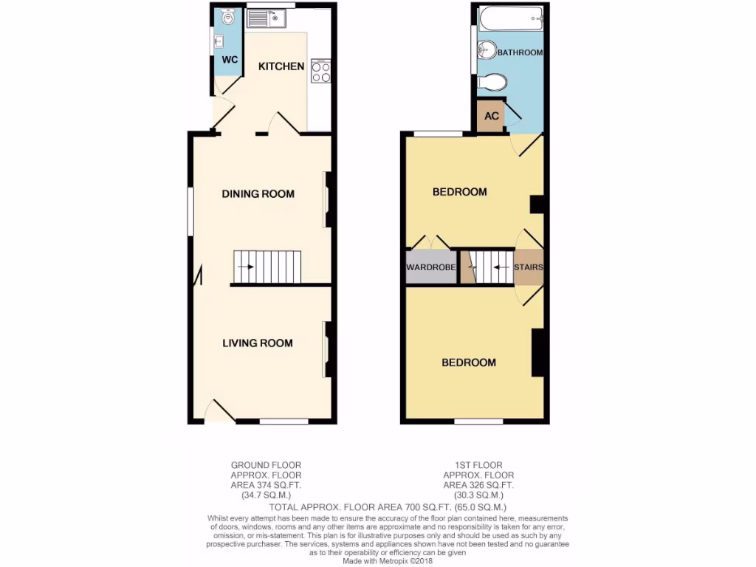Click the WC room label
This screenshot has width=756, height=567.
click(230, 59)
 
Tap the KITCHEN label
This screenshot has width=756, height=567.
click(281, 66)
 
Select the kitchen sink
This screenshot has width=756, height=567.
click(266, 18)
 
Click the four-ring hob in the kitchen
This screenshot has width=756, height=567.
click(321, 71)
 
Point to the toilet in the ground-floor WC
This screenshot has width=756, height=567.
click(227, 18)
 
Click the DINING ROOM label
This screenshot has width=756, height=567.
click(258, 194)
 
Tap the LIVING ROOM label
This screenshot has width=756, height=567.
click(258, 343)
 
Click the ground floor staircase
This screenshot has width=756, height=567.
click(267, 267)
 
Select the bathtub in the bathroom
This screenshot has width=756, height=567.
click(510, 18)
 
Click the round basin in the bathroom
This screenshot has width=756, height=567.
click(486, 50)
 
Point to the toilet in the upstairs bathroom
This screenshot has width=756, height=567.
click(491, 82)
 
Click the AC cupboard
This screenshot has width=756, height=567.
click(491, 117)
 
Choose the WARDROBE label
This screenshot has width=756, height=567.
click(430, 267)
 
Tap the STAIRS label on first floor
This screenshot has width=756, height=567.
click(529, 267)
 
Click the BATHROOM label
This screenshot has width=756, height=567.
click(520, 53)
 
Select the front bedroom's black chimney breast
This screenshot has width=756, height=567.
click(538, 352)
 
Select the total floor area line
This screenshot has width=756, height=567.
click(388, 507)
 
